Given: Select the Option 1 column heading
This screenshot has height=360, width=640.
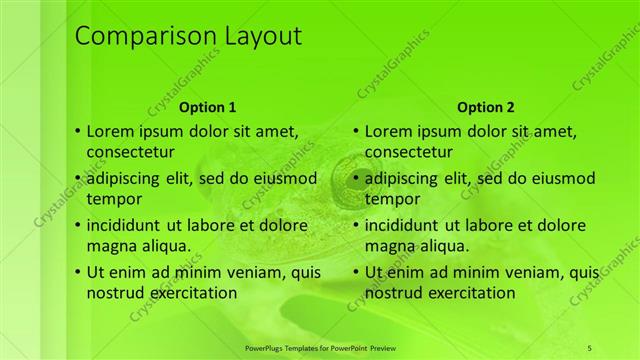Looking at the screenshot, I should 208,107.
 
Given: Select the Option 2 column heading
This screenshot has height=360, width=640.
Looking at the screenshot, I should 486,107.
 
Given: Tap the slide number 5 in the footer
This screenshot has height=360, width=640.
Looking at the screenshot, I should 590,347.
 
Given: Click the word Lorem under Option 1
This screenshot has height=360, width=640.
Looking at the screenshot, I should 111,130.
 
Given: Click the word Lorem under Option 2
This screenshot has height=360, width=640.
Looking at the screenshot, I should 389,130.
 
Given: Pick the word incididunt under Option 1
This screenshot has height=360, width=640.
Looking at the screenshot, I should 129,225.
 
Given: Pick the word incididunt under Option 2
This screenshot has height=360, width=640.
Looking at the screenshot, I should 407,225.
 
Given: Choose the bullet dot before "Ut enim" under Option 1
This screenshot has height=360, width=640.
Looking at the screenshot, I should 78,272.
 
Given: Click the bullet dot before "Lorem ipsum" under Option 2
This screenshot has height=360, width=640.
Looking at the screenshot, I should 356,131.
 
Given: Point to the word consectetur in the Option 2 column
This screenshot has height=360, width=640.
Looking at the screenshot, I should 410,152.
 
